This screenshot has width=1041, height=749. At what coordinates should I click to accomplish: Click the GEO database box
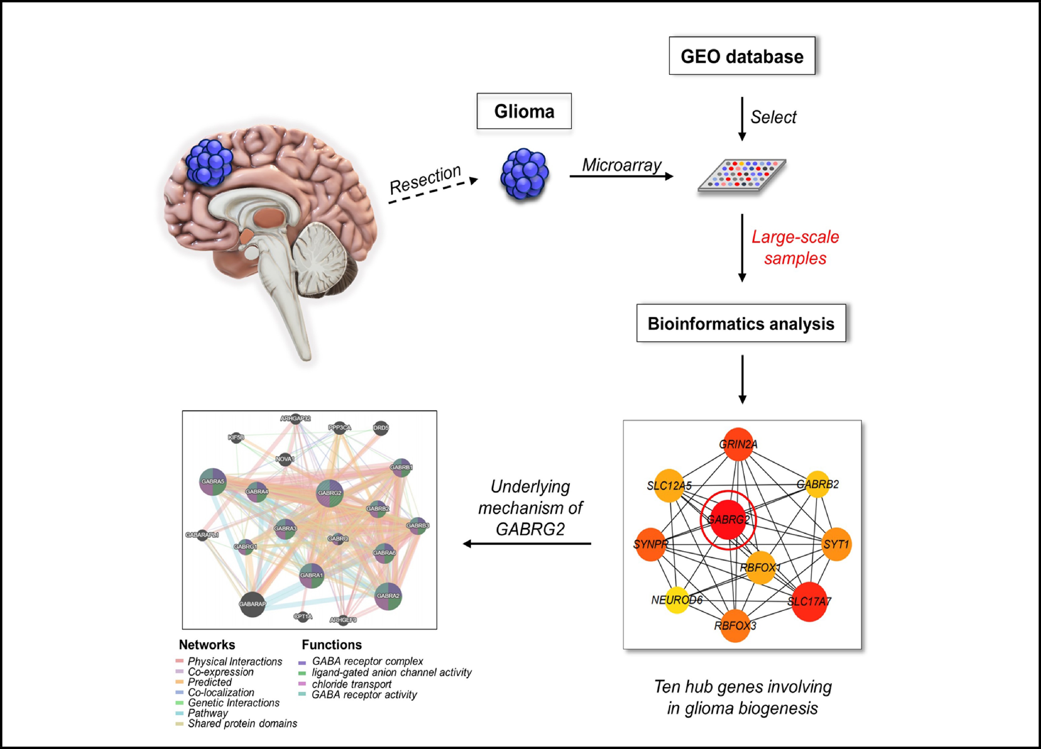pos(742,56)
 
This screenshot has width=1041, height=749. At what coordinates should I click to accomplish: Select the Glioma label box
pos(524,111)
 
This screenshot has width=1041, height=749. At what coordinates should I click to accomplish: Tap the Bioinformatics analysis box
pos(741,324)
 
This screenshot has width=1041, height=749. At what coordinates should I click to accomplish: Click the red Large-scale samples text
pos(795,247)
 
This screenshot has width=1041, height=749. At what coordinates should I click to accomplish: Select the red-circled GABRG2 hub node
pos(728,520)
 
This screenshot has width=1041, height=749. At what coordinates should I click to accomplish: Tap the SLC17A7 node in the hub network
pos(809,601)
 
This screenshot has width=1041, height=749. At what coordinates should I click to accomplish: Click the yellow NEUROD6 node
pos(677,600)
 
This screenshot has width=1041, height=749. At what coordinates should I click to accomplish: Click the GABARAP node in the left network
pos(252,604)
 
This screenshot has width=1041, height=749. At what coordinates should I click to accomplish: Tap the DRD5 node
pos(381,428)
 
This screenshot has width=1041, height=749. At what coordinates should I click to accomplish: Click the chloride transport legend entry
pos(351,684)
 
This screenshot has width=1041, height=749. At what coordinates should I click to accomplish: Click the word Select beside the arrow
pos(773,117)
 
